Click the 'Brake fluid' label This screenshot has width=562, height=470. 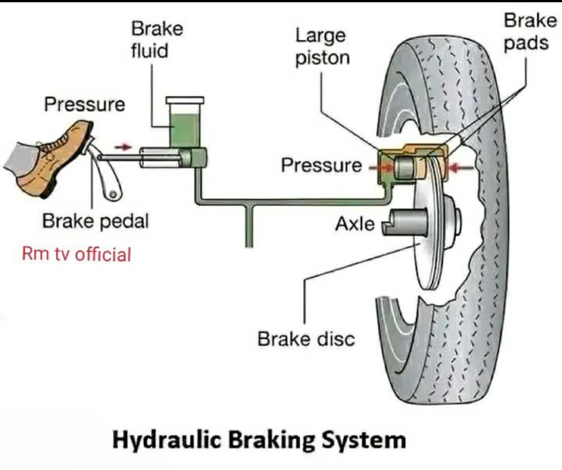[157, 40]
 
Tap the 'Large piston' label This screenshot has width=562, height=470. [323, 47]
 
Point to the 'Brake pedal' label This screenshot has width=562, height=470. [95, 221]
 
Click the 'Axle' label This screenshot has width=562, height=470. [355, 224]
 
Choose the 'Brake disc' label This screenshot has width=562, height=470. [306, 339]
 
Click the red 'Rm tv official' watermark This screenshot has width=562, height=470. [76, 254]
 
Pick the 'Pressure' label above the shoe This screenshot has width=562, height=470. [85, 105]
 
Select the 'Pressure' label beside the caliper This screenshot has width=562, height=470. [321, 165]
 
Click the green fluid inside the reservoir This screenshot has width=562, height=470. [185, 131]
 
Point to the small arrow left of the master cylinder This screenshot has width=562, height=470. [123, 147]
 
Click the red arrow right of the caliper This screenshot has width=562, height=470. [462, 168]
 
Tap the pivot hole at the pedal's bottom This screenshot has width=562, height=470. [113, 194]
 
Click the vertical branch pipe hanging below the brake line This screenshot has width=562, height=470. [249, 226]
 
